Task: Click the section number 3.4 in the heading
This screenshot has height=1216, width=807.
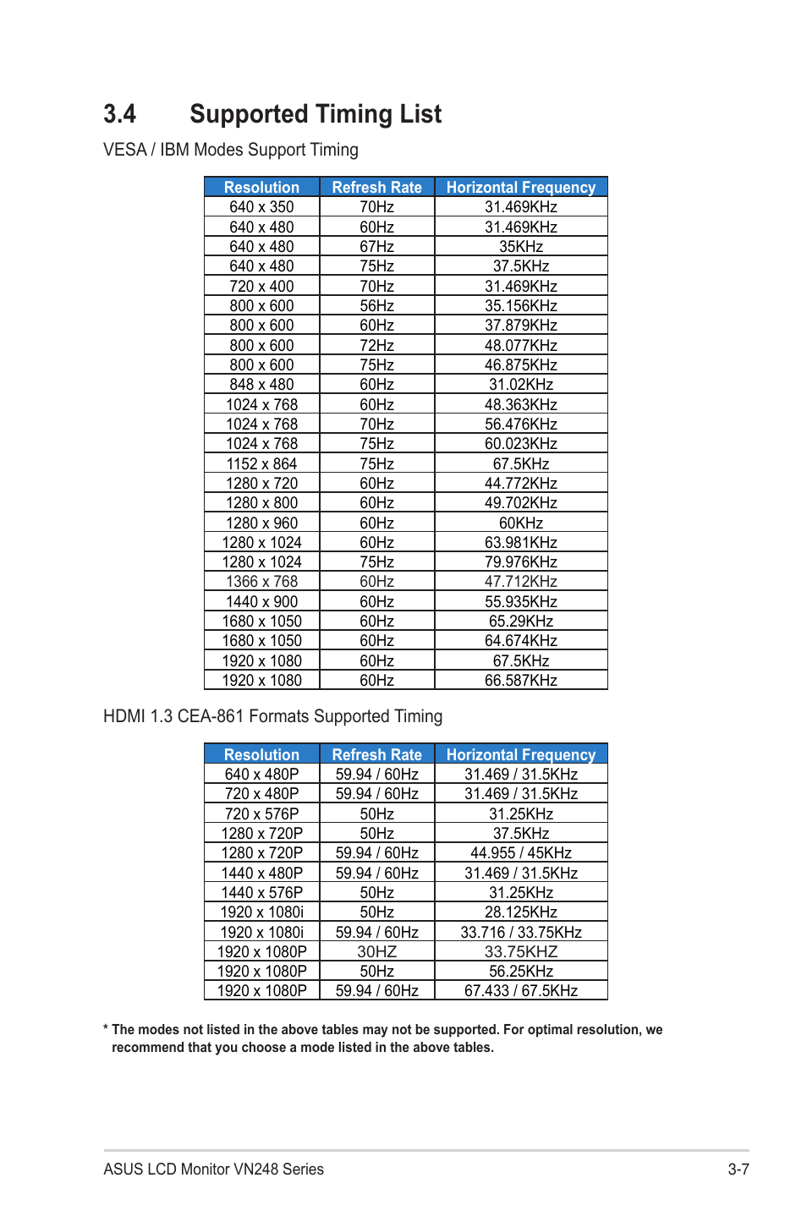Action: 119,114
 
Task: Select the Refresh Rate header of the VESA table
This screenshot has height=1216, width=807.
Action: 376,187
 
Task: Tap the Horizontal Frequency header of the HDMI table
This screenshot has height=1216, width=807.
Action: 520,754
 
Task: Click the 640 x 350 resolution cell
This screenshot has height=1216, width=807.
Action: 261,207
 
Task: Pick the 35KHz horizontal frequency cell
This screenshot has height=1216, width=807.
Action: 520,247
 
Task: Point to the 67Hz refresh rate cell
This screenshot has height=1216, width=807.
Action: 376,247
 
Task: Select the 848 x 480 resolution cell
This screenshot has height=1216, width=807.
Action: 261,385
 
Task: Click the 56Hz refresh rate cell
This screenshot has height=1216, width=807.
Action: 376,306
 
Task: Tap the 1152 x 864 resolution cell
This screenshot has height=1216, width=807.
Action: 261,464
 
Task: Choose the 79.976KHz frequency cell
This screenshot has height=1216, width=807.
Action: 520,562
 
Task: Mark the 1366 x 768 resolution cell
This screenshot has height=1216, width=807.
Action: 261,582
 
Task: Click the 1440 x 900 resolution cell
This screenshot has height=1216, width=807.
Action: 261,602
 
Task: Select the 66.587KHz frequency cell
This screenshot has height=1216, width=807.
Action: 520,681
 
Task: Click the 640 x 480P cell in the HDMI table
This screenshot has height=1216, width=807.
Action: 261,775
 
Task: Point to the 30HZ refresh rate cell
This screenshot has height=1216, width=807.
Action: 376,952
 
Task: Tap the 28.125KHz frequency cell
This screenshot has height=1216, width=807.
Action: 520,912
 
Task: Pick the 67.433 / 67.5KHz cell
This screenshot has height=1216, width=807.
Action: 520,991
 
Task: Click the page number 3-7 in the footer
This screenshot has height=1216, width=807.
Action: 738,1169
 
